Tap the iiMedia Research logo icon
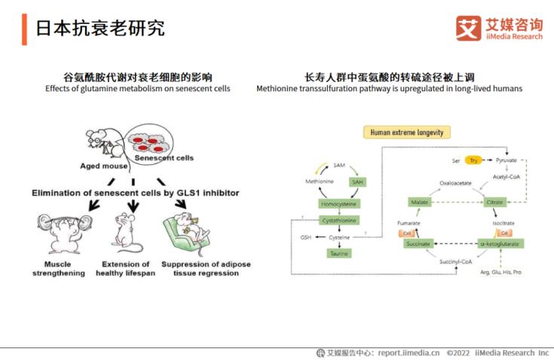coord(468,28)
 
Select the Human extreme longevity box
coord(407,133)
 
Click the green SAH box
coord(357,182)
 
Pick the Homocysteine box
coord(338,203)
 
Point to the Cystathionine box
coord(338,220)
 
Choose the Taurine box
coord(338,254)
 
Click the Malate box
coord(419,203)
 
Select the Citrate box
coord(494,203)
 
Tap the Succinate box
coord(419,244)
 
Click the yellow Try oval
coord(473,160)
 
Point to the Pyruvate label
coord(507,161)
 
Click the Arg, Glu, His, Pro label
coord(500,271)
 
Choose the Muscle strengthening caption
coord(57,269)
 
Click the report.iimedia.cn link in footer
coord(409,352)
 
